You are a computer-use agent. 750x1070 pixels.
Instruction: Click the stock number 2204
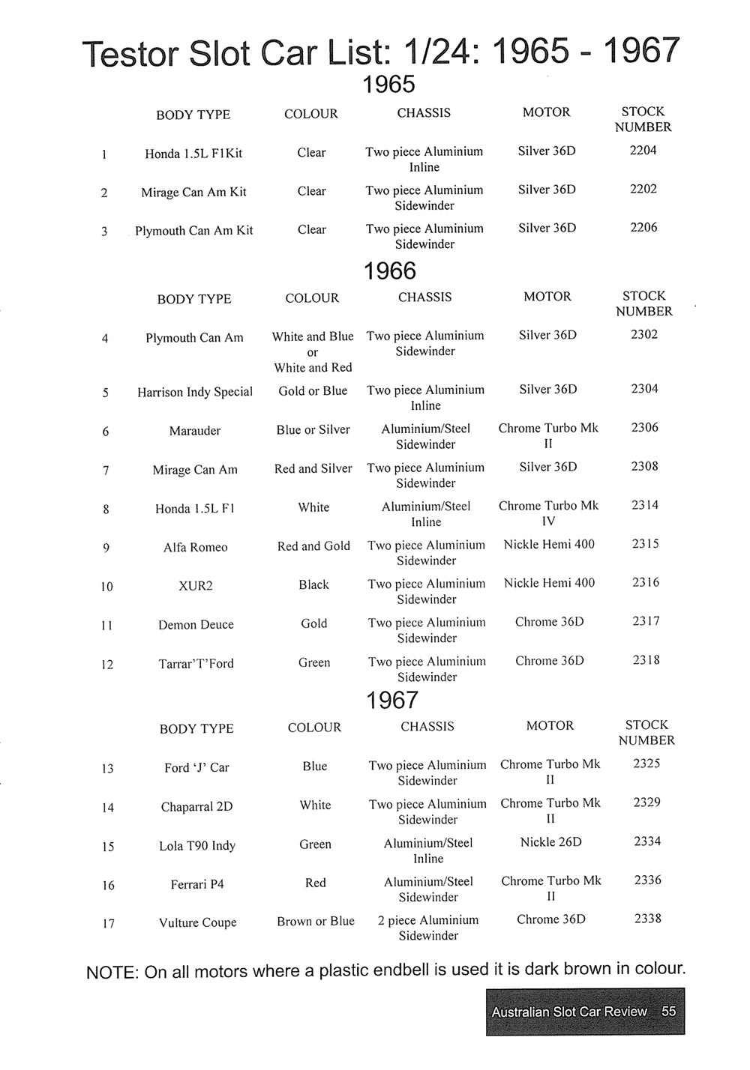643,151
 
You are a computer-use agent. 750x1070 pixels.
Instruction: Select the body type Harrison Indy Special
195,392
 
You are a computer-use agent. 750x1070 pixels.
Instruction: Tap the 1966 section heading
389,271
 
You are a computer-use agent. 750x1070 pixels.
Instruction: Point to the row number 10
106,586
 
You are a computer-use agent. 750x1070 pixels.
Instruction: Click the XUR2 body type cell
196,586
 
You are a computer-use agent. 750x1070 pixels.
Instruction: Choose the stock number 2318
646,661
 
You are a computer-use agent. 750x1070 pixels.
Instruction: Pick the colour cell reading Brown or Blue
316,922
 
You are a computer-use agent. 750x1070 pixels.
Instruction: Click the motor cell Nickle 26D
550,842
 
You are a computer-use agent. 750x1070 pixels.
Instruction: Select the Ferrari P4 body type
197,885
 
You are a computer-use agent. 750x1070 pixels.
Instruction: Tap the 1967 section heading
391,701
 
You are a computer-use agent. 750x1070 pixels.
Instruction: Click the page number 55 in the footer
669,1012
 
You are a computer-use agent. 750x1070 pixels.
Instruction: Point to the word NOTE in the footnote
112,973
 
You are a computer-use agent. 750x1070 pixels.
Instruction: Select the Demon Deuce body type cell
196,625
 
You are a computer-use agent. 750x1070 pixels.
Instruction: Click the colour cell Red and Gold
313,546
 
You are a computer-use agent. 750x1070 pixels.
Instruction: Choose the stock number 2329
646,802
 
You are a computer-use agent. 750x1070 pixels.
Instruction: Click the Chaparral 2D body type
196,807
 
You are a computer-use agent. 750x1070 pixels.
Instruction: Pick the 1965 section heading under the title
388,85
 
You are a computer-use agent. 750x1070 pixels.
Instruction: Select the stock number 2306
644,427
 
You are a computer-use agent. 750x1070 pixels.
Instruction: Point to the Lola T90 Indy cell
197,846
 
